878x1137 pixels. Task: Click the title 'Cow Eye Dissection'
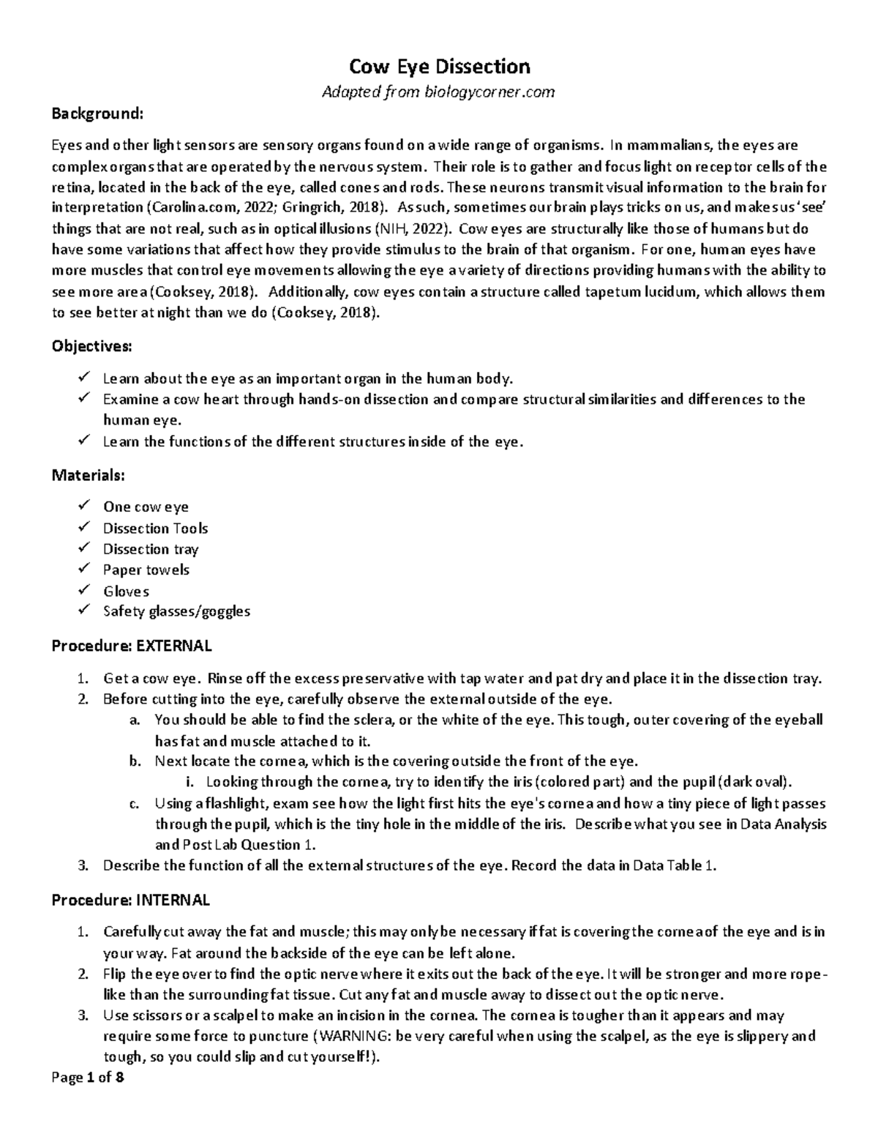[x=439, y=67]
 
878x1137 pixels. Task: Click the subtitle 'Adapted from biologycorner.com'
[x=439, y=92]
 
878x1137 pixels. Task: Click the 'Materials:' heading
[x=88, y=475]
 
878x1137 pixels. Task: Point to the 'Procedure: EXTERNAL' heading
[x=132, y=646]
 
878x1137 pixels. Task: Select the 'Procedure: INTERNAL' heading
[x=130, y=900]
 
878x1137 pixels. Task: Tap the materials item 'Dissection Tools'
[x=155, y=529]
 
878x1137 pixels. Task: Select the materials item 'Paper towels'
[x=146, y=570]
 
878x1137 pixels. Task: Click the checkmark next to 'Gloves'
[x=84, y=590]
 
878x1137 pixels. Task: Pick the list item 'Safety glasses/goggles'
[x=176, y=611]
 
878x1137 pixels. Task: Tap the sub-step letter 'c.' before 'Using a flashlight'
[x=133, y=804]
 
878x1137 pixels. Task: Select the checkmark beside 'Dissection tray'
[x=84, y=548]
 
